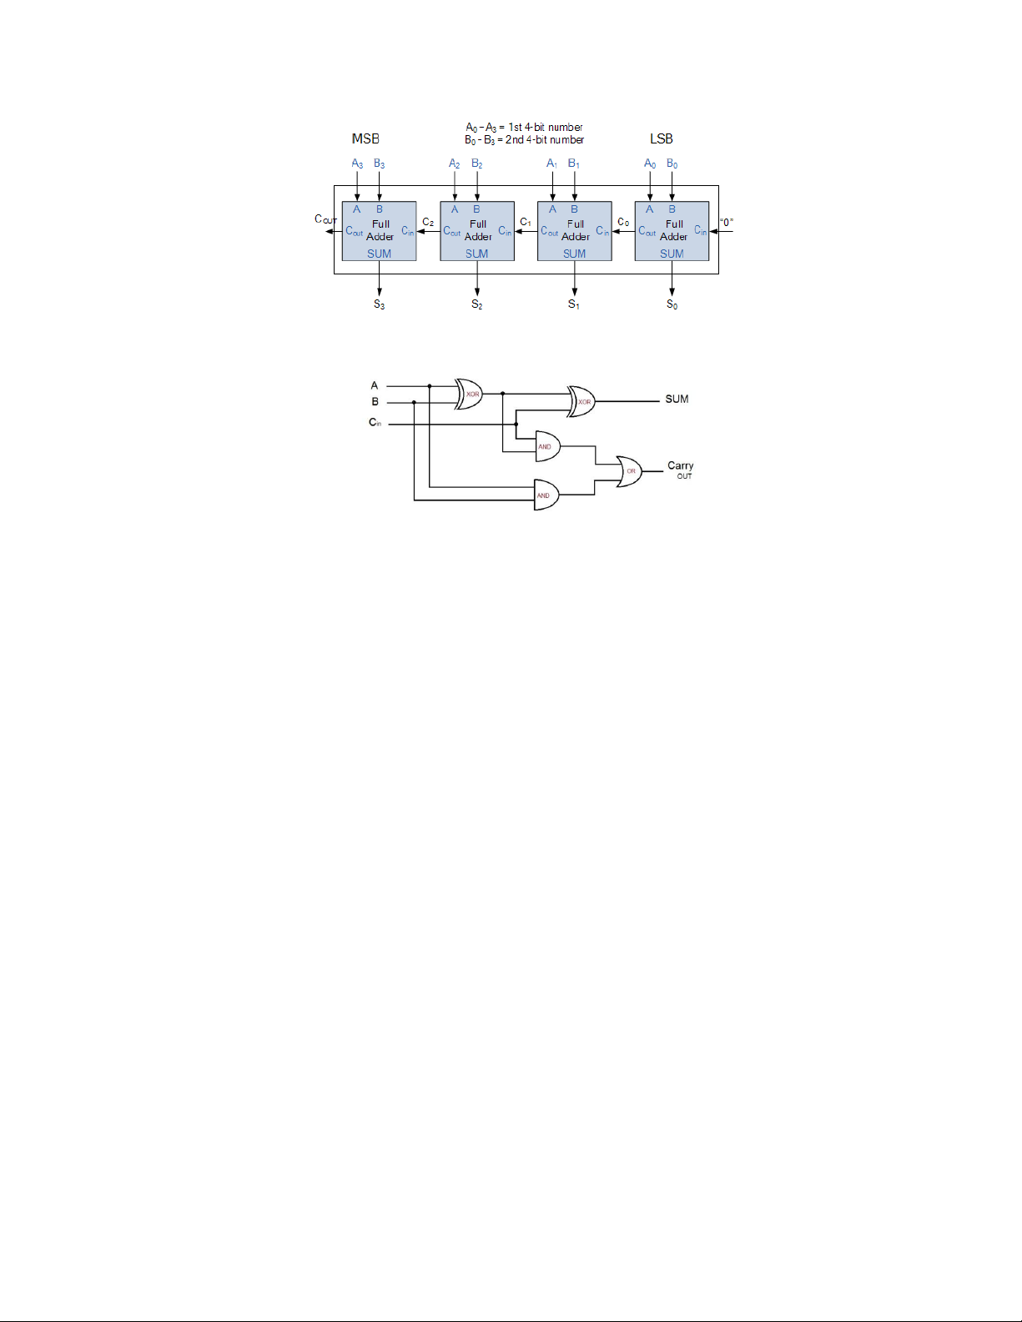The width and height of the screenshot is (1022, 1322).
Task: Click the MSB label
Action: pos(365,138)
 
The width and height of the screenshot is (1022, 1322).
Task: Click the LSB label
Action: pos(662,138)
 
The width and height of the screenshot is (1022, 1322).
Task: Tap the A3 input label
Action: pos(357,163)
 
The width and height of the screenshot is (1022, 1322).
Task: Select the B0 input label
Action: pos(672,163)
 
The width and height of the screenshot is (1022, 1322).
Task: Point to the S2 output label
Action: pos(477,304)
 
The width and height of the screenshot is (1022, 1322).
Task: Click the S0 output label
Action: pos(672,304)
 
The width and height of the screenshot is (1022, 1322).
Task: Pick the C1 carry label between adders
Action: pos(526,222)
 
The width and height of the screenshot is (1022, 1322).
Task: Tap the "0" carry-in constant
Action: pos(727,222)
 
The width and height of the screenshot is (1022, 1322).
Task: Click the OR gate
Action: pos(630,471)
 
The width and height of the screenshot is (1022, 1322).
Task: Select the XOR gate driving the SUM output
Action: pos(581,401)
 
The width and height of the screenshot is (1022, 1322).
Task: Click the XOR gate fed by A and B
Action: pos(469,394)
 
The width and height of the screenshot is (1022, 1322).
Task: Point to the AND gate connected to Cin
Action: pos(547,446)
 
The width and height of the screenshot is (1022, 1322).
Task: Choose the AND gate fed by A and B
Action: pos(546,495)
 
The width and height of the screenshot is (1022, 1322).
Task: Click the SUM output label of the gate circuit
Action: pos(677,399)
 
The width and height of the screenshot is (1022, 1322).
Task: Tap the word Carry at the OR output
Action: pos(680,465)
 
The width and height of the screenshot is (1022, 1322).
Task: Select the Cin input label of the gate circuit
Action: pos(375,422)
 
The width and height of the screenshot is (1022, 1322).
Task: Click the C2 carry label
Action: pos(428,222)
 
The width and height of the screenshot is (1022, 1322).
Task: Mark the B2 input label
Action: pos(477,163)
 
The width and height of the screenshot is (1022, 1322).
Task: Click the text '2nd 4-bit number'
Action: pos(545,140)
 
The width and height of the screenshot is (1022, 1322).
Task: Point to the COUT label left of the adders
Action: pos(325,219)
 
